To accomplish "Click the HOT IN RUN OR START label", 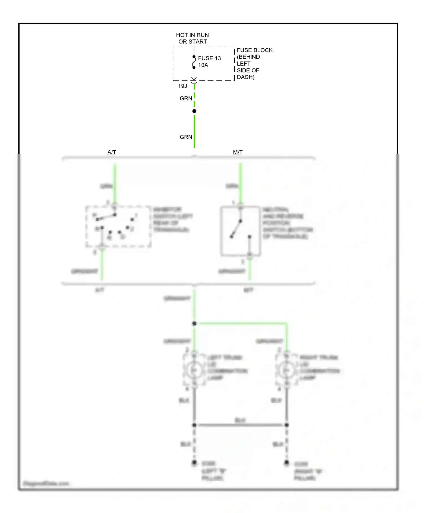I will [x=192, y=38].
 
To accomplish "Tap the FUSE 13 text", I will [x=209, y=58].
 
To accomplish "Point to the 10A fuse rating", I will [x=203, y=65].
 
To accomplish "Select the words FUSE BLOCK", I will [x=254, y=50].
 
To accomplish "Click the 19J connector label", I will [x=183, y=86].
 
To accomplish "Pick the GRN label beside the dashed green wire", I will [x=186, y=98].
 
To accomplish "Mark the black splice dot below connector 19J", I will [x=194, y=111].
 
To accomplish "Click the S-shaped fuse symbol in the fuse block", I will [x=194, y=62].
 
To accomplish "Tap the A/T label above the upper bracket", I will [x=112, y=152].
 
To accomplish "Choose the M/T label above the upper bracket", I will [x=238, y=152].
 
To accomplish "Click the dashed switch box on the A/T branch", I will [x=118, y=227].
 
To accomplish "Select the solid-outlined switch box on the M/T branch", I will [x=240, y=231].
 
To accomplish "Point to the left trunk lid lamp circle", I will [x=194, y=370].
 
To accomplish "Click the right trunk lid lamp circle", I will [x=286, y=370].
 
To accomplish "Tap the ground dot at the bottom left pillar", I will [x=194, y=463].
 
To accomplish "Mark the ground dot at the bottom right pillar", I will [x=287, y=463].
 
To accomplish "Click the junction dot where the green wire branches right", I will [x=194, y=324].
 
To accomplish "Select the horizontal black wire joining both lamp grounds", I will [x=240, y=425].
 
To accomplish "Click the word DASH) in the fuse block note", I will [x=245, y=77].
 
